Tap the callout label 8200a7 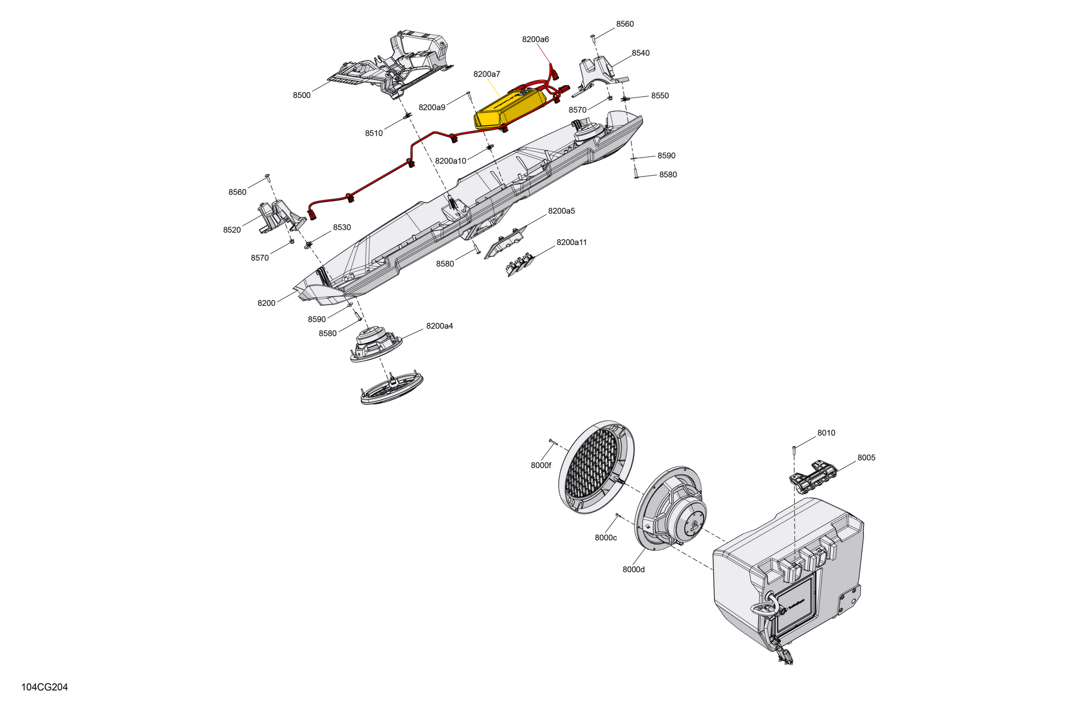tap(487, 74)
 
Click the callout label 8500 tap(302, 95)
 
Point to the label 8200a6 tap(535, 39)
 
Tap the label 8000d tap(633, 569)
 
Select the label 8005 tap(866, 458)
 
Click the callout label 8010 tap(826, 433)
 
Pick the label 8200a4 tap(439, 326)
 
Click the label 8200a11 tap(571, 242)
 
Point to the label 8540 tap(641, 53)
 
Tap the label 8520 tap(232, 230)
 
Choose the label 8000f tap(541, 465)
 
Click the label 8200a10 tap(450, 161)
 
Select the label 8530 tap(342, 227)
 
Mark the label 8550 tap(660, 95)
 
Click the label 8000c tap(605, 538)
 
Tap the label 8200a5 tap(562, 211)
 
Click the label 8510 tap(374, 133)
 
